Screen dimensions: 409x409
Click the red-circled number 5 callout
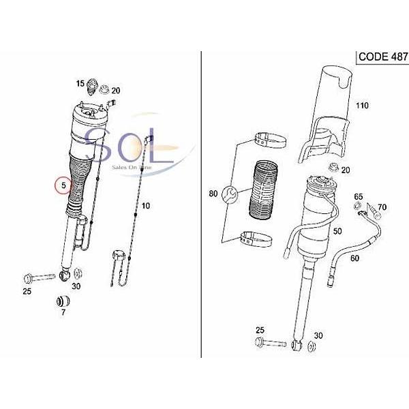click(63, 185)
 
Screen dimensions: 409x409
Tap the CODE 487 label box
click(382, 57)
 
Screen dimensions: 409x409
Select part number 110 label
click(362, 106)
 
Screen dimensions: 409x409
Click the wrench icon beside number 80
click(229, 194)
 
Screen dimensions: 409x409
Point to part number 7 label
click(63, 312)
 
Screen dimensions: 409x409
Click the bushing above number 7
click(63, 301)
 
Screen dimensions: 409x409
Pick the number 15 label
click(80, 84)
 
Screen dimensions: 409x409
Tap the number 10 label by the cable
click(146, 206)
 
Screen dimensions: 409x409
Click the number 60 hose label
click(354, 258)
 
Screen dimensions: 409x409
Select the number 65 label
click(359, 197)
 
